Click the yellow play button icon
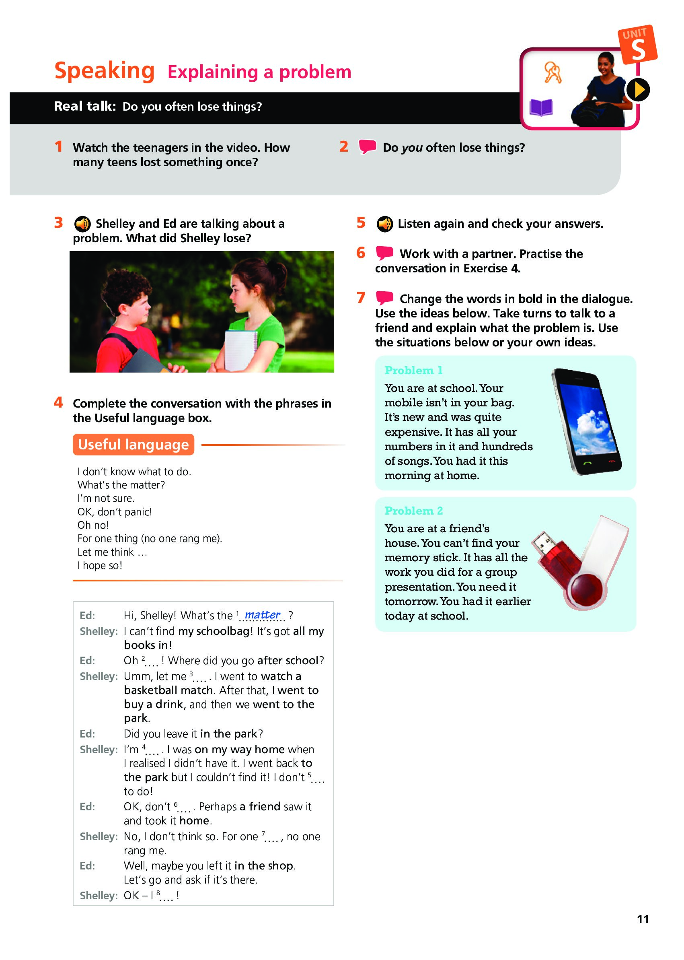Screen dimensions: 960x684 pos(638,90)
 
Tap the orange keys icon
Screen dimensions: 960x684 pos(553,72)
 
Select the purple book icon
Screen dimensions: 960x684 pos(541,107)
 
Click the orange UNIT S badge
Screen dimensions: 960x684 pos(637,45)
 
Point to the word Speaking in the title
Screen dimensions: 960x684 pos(105,70)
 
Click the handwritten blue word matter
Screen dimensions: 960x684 pos(263,615)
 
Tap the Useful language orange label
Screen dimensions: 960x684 pos(133,445)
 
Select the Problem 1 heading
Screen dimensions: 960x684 pos(413,371)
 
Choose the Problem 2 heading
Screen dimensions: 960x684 pos(414,511)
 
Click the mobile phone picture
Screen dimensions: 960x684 pos(587,421)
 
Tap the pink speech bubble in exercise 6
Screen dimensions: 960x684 pos(384,253)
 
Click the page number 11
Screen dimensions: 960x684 pos(643,919)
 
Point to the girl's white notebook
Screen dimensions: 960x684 pos(241,349)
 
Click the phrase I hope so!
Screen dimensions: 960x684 pos(100,566)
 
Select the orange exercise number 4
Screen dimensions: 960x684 pos(59,402)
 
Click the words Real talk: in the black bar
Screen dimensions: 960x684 pos(85,106)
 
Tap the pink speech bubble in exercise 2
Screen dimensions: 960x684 pos(367,146)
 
